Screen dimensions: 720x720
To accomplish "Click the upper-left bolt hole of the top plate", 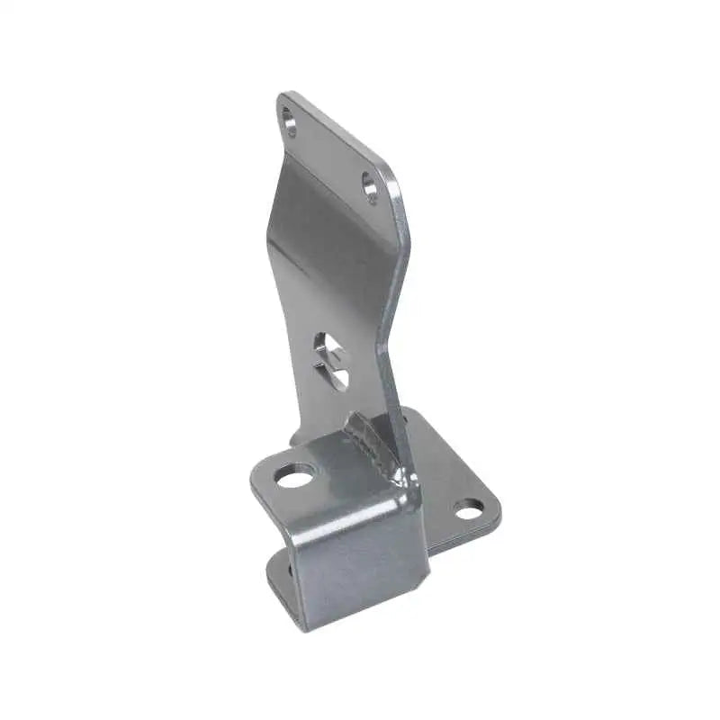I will point(289,121).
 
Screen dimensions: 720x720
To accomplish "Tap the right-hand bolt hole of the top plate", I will point(370,186).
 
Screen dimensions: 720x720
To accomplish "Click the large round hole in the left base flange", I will point(294,475).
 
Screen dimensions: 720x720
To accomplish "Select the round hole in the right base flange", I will point(468,510).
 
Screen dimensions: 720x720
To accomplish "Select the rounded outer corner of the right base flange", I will point(494,523).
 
